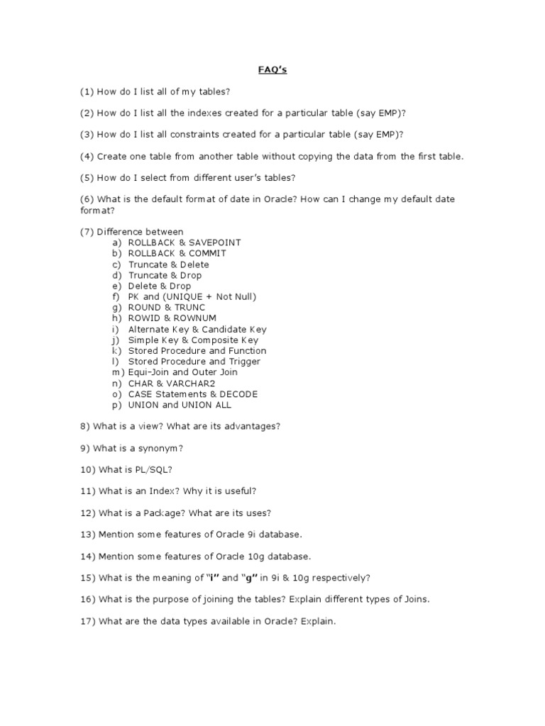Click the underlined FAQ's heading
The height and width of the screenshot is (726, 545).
pyautogui.click(x=272, y=70)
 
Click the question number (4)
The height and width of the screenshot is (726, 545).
pyautogui.click(x=87, y=156)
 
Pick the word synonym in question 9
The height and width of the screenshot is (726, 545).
pyautogui.click(x=163, y=448)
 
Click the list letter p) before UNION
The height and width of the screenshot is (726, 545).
pyautogui.click(x=117, y=405)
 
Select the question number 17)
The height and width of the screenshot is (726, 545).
pyautogui.click(x=88, y=621)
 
